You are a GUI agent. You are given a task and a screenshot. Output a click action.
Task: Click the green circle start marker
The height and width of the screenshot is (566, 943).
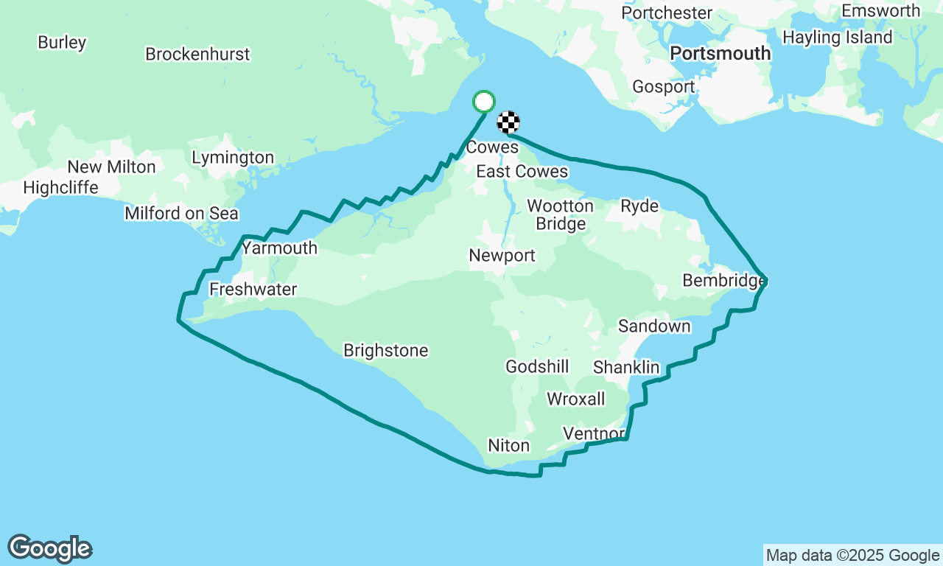click(483, 102)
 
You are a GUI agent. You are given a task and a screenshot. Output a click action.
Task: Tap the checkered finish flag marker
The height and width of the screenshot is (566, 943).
click(508, 122)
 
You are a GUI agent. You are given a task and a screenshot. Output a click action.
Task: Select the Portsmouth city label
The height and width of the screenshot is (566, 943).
click(721, 54)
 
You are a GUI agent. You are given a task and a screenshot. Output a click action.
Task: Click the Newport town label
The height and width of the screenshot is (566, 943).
click(502, 256)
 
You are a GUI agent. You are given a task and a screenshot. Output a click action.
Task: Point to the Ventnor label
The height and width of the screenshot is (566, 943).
click(593, 433)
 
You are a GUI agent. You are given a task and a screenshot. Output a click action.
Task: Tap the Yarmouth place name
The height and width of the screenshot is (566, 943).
click(280, 248)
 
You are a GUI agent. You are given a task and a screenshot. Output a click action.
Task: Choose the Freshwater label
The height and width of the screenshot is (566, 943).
click(253, 290)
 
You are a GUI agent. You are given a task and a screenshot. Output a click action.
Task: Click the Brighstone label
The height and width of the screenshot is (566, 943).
click(385, 351)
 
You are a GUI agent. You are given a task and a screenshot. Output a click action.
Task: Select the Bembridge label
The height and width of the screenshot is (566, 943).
click(724, 281)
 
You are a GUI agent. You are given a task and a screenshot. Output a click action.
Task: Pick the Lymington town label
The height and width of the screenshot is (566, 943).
click(233, 158)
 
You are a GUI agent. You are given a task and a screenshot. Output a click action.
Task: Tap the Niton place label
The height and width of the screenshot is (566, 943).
click(508, 446)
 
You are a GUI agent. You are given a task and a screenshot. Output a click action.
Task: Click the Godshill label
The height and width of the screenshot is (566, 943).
click(537, 366)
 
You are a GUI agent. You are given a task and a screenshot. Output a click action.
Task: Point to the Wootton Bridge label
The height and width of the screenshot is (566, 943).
click(561, 214)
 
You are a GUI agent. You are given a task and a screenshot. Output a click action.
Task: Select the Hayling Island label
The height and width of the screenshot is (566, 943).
click(837, 38)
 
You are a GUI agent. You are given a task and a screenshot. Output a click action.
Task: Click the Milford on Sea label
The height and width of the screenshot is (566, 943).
click(181, 214)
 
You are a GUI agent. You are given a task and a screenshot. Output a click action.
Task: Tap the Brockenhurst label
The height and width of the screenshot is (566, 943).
click(197, 55)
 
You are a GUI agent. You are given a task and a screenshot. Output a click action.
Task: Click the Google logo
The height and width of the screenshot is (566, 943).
click(50, 549)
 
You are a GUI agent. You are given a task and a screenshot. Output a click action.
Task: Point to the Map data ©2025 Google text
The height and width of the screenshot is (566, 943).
click(852, 556)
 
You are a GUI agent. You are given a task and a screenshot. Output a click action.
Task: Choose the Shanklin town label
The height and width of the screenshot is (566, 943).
click(626, 367)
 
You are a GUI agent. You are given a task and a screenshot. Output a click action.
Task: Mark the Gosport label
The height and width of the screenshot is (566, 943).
click(664, 87)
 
